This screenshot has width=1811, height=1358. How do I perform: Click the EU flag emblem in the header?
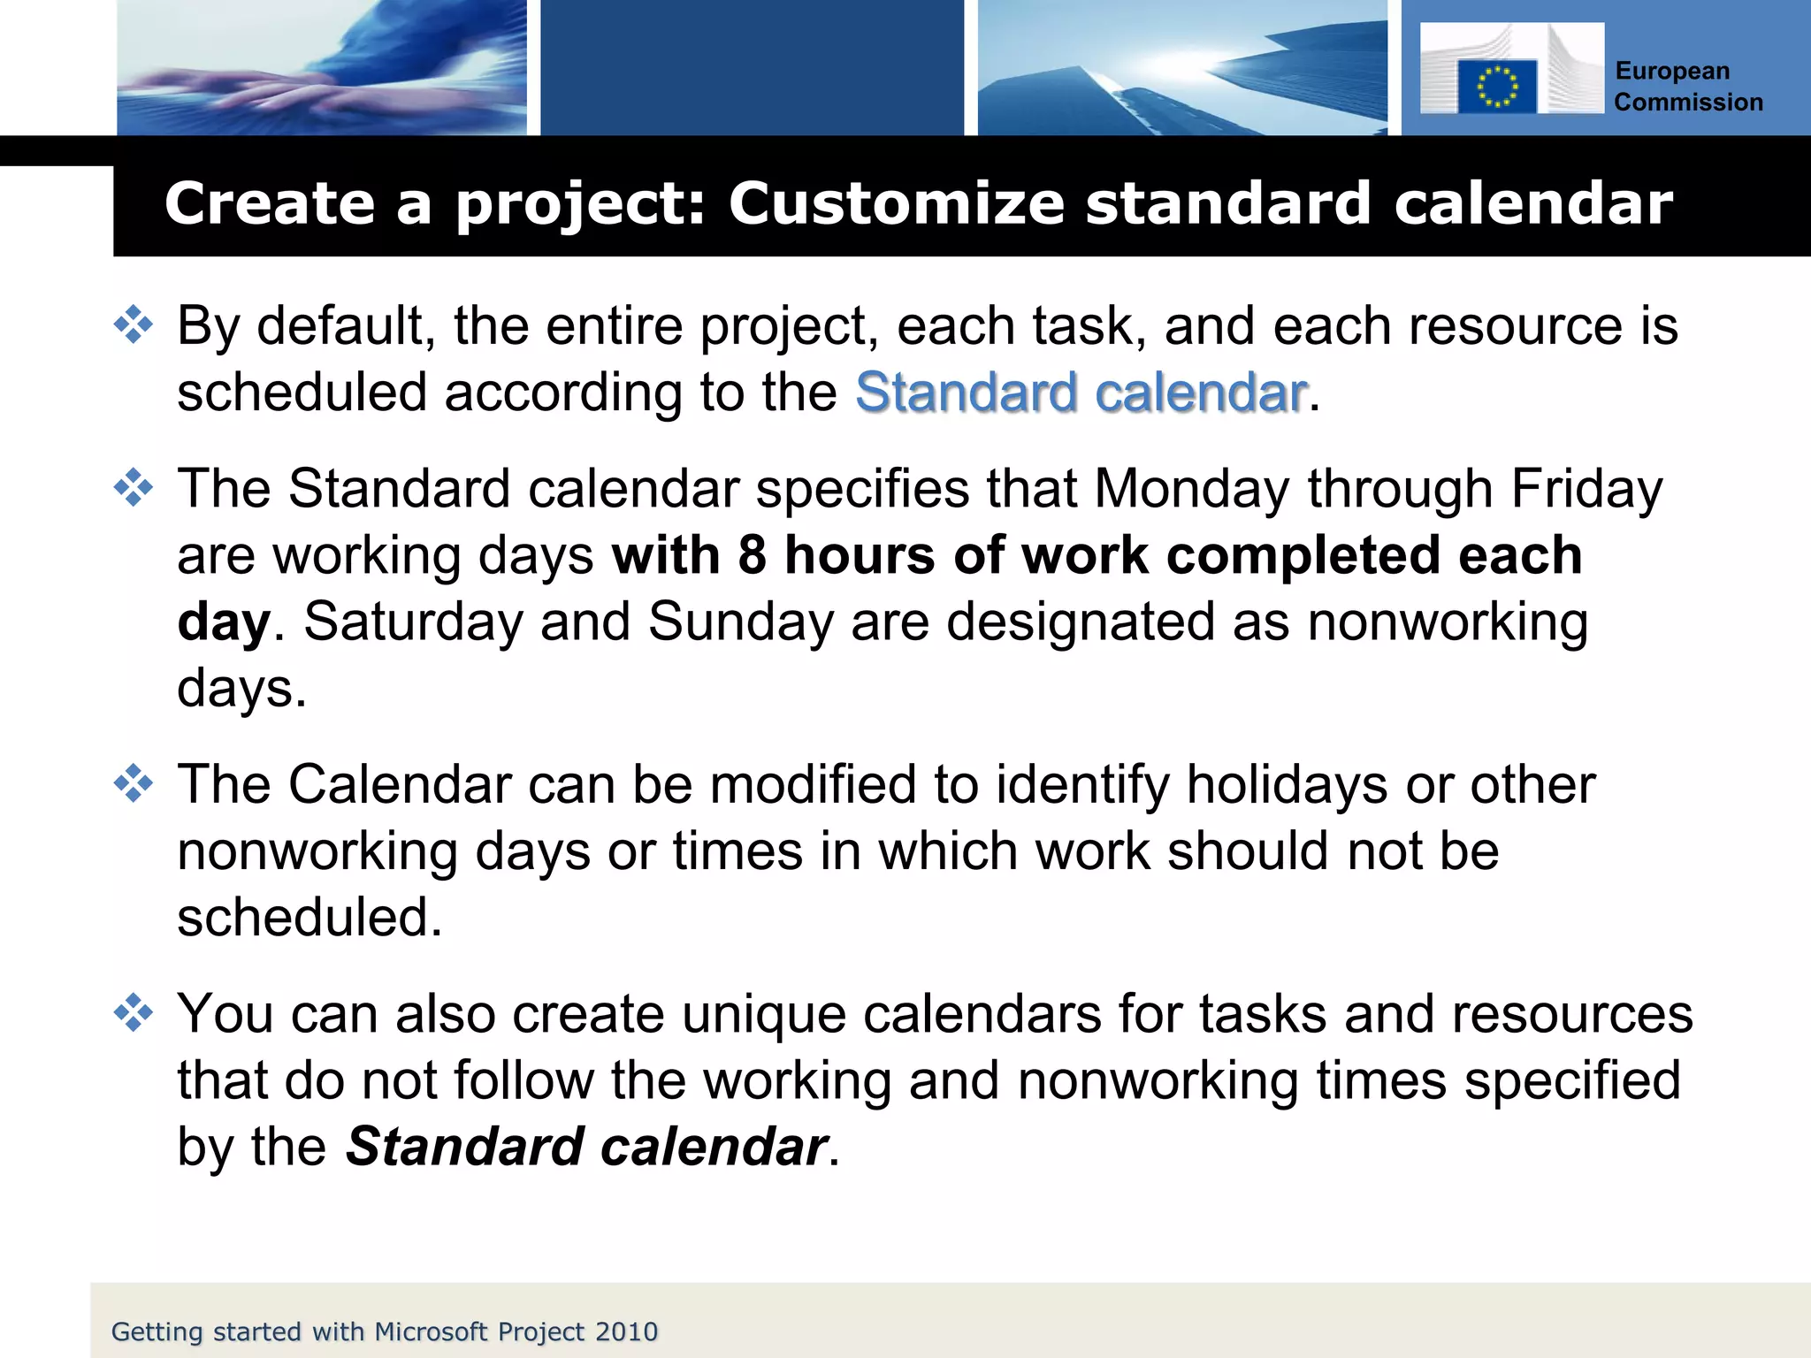(x=1496, y=87)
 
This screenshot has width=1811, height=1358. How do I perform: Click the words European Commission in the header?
(x=1687, y=87)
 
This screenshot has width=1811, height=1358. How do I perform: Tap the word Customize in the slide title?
(x=896, y=203)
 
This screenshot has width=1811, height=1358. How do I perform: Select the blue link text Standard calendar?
(x=1081, y=392)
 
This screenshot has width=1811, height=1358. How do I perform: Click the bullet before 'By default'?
(x=134, y=324)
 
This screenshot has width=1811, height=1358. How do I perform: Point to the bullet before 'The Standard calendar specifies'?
(x=134, y=488)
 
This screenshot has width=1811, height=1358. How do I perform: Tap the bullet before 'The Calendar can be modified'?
(x=134, y=783)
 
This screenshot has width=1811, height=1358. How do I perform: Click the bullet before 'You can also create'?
(x=134, y=1012)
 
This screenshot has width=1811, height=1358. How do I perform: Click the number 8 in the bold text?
(x=752, y=555)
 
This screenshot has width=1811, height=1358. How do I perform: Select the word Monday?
(x=1191, y=489)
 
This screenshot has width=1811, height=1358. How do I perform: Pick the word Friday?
(x=1586, y=489)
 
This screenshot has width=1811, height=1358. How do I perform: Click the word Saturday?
(x=414, y=622)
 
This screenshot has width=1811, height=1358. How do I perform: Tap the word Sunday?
(x=741, y=622)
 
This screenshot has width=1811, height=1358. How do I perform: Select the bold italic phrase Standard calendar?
(x=586, y=1147)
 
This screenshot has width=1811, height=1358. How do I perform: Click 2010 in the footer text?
(x=626, y=1331)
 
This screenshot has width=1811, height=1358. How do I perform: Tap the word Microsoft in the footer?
(x=432, y=1331)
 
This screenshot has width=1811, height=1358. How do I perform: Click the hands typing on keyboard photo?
(x=322, y=68)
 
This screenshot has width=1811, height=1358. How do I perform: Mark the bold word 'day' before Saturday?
(x=223, y=622)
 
